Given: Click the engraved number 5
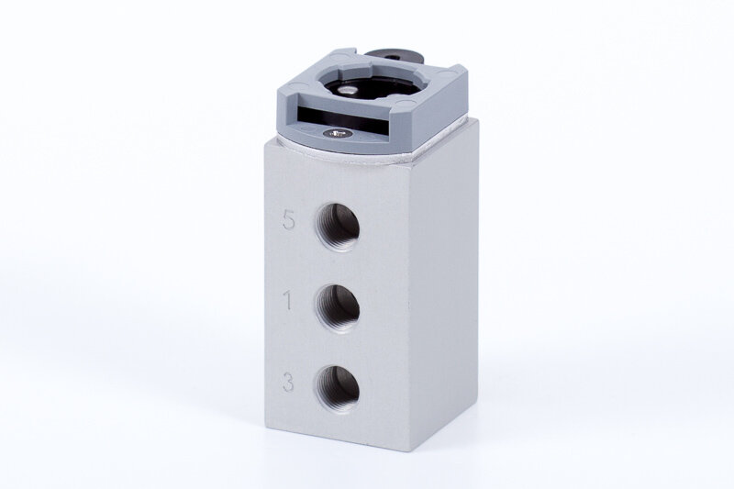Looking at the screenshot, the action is [289, 220].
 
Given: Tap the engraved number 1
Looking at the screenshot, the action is [288, 301].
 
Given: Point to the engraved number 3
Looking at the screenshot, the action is [288, 382].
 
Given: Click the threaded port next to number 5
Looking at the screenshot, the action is [338, 228].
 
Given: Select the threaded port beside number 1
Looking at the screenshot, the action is [338, 308].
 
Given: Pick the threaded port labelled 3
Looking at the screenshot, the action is [338, 388].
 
